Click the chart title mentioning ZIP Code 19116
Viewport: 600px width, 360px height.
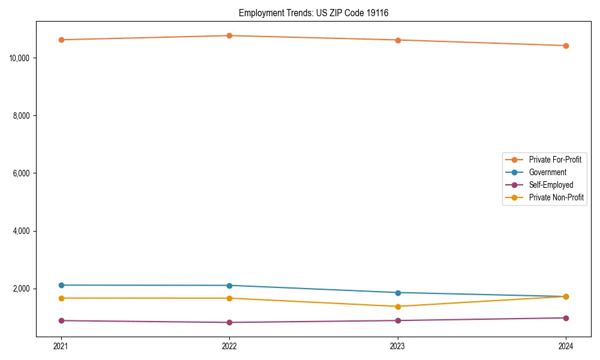[313, 13]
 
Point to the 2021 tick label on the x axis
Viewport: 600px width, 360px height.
[61, 346]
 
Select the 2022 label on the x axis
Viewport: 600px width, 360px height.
[229, 346]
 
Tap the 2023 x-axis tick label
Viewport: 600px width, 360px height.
[397, 346]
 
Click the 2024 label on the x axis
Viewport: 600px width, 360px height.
[566, 346]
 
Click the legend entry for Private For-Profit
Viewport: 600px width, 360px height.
[554, 160]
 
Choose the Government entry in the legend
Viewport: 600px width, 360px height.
[547, 172]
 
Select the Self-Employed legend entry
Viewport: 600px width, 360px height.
[551, 185]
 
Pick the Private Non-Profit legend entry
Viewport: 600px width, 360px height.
[556, 197]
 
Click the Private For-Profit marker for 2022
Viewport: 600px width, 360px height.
[229, 35]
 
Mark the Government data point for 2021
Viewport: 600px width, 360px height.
[61, 285]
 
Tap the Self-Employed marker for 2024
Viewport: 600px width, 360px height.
[566, 318]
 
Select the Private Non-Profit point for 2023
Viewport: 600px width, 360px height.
[397, 307]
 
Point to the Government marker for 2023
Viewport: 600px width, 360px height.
[397, 293]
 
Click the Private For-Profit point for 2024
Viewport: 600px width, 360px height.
[566, 46]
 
